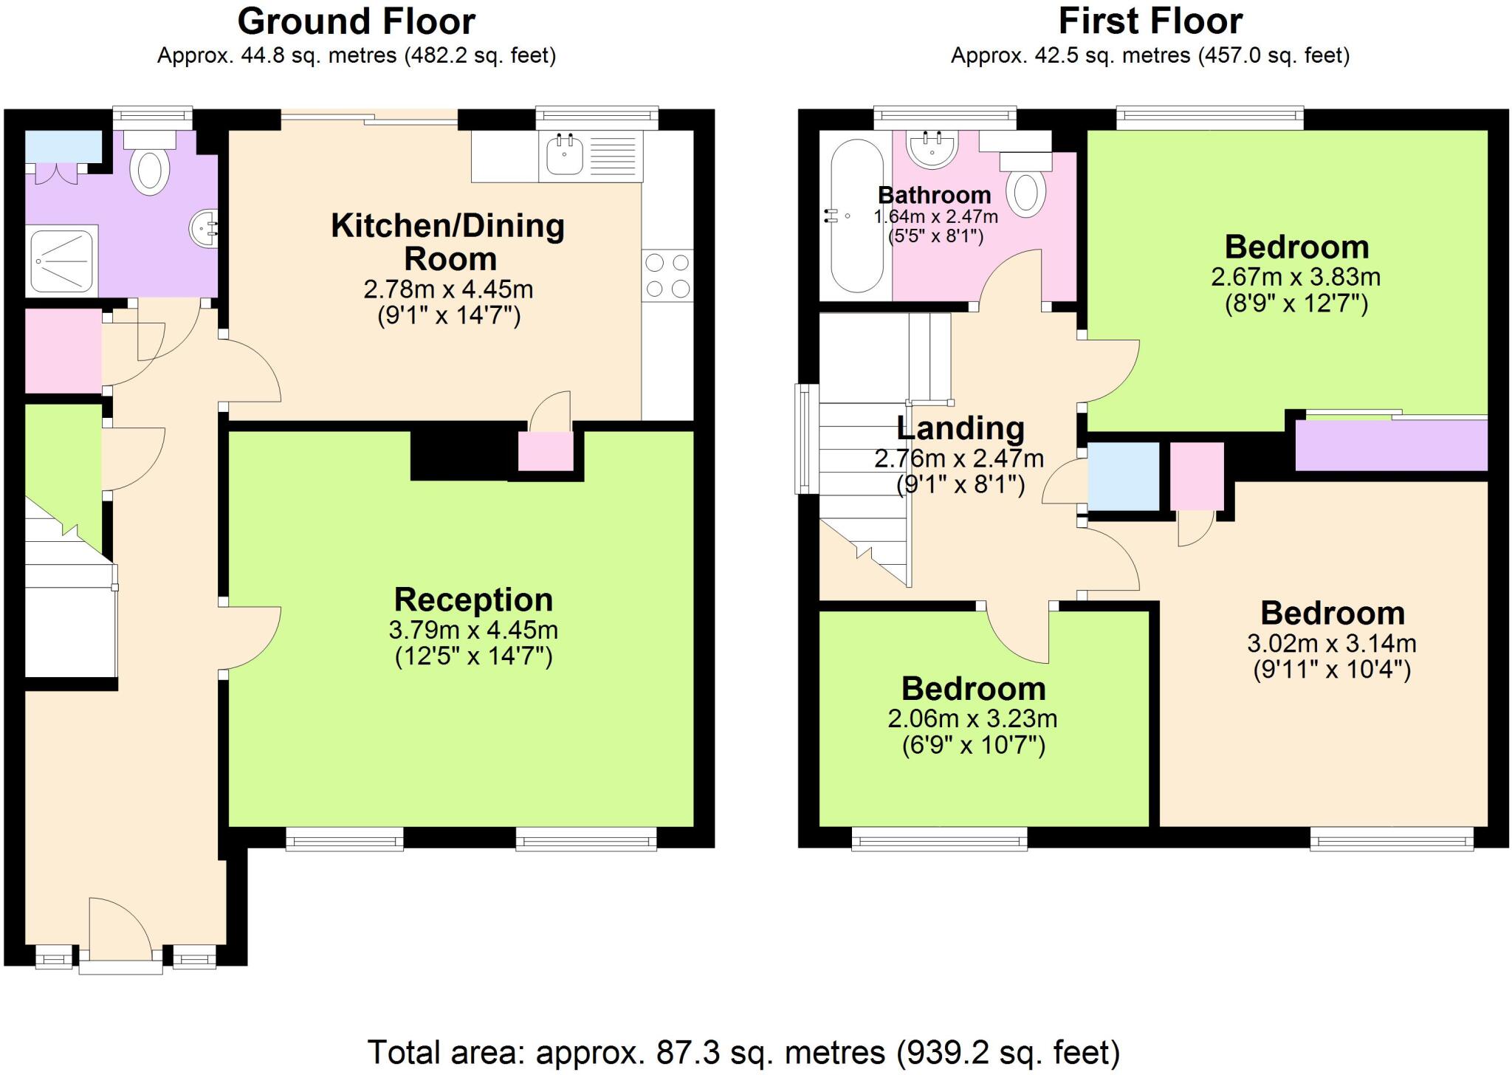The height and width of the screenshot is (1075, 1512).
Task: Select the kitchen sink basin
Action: coord(565,156)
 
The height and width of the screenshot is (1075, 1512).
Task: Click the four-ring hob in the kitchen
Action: coord(667,275)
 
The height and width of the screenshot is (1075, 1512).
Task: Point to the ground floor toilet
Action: coord(150,168)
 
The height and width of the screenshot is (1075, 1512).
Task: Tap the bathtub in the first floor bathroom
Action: coord(856,216)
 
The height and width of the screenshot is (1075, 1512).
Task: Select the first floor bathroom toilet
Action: coord(1025,190)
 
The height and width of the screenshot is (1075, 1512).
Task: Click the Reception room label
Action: coord(473,600)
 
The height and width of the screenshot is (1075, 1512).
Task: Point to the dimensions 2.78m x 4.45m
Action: coord(448,289)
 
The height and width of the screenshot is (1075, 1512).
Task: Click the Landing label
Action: coord(960,428)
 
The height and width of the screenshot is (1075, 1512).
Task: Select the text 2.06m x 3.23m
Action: coord(972,718)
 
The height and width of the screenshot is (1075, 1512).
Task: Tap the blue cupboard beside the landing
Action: coord(1123,476)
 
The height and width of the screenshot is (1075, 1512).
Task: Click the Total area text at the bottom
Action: coord(743,1052)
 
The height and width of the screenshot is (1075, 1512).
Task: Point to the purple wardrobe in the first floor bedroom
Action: coord(1391,445)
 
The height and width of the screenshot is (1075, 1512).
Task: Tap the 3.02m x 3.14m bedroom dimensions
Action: coord(1331,643)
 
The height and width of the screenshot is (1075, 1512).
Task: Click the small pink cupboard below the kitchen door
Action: coord(546,451)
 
